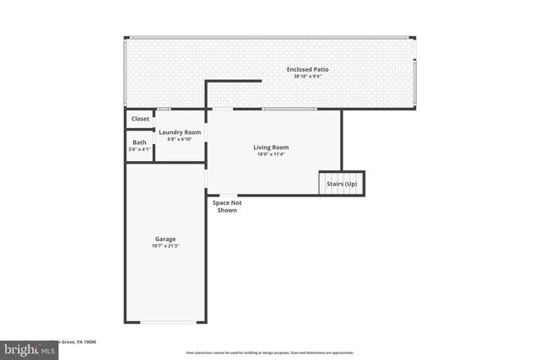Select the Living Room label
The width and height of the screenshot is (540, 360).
point(271,148)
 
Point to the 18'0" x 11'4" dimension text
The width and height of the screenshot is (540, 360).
point(271,154)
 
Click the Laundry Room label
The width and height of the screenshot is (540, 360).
point(180,132)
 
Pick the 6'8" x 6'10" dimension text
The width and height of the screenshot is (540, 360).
point(180,139)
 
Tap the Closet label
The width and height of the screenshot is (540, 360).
point(140,119)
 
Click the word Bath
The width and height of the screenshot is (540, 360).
point(139,142)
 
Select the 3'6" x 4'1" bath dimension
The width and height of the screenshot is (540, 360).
point(139,149)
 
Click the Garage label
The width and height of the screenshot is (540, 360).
point(165,239)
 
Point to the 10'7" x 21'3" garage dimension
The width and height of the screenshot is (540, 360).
point(165,246)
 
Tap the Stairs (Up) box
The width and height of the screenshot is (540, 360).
point(341,184)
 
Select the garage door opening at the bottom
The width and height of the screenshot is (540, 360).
point(165,322)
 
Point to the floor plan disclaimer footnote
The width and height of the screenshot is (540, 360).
point(269,352)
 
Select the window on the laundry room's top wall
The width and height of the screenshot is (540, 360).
point(165,110)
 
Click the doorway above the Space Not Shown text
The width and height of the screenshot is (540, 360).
point(227,196)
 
